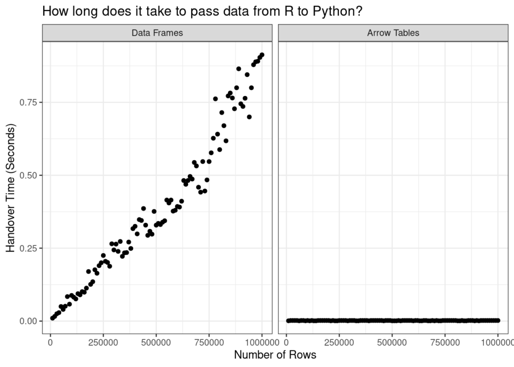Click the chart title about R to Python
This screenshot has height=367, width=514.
202,12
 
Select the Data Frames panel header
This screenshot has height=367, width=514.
157,33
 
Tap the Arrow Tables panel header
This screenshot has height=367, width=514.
393,33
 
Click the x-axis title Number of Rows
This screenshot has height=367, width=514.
275,355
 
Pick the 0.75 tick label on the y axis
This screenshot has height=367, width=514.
29,102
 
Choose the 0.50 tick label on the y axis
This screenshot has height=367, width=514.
29,175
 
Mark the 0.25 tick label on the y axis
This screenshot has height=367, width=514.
29,249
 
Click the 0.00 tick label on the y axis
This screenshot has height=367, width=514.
29,321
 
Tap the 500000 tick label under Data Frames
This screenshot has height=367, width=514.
156,342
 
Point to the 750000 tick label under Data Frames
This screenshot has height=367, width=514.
209,342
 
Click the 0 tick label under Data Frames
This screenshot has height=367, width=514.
50,342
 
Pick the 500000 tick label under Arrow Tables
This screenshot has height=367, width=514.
392,342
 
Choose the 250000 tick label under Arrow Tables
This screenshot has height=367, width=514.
339,342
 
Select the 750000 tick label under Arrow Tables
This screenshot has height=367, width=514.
445,342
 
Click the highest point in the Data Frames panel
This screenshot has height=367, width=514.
262,55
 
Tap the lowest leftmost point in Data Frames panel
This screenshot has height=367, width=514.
52,318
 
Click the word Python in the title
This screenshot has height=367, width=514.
334,12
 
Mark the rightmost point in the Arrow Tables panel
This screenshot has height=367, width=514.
498,320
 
